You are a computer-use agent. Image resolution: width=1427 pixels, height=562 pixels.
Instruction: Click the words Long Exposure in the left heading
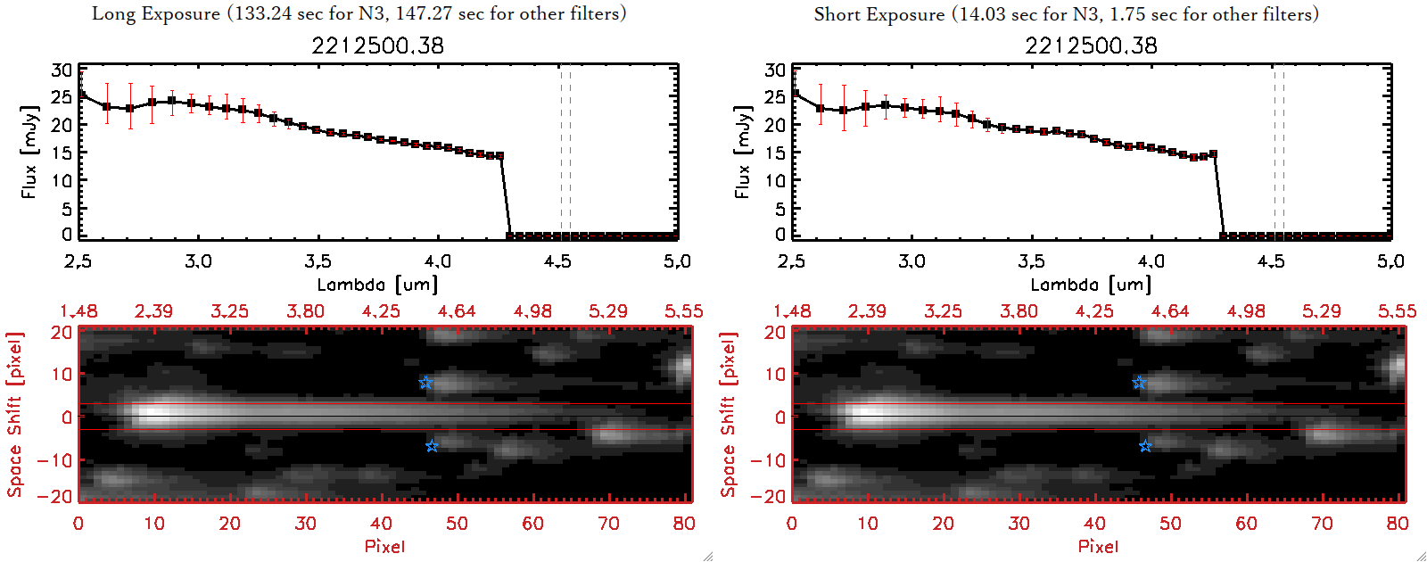pos(155,14)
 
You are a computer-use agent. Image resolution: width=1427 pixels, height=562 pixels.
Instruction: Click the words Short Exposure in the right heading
pos(878,14)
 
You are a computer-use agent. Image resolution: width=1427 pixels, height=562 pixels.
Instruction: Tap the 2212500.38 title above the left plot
pos(377,45)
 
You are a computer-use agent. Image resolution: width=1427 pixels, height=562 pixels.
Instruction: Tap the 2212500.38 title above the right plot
pos(1091,45)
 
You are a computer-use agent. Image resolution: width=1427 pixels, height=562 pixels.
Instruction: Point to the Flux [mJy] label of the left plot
pos(29,152)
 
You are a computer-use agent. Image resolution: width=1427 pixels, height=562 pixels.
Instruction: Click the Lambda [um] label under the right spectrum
pos(1091,285)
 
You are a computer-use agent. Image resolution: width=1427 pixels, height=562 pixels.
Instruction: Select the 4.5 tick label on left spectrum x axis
pos(557,261)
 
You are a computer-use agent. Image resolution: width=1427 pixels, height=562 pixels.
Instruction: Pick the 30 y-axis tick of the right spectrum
pos(775,70)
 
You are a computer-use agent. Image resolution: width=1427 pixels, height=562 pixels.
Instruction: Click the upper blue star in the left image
pos(425,383)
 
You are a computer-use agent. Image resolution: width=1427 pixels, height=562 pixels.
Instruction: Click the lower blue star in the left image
pos(432,446)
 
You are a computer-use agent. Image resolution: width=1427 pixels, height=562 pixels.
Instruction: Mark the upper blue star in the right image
pos(1139,383)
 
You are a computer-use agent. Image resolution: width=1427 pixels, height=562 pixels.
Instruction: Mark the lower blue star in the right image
pos(1145,446)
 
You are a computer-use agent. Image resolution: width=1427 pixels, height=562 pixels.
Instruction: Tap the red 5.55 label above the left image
pos(683,311)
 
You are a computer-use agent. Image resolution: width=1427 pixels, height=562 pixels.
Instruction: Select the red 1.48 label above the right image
pos(792,311)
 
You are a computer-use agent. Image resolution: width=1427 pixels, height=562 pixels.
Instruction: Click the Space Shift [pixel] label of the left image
pos(14,415)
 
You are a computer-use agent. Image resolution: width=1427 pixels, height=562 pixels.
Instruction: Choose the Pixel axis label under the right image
pos(1098,546)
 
